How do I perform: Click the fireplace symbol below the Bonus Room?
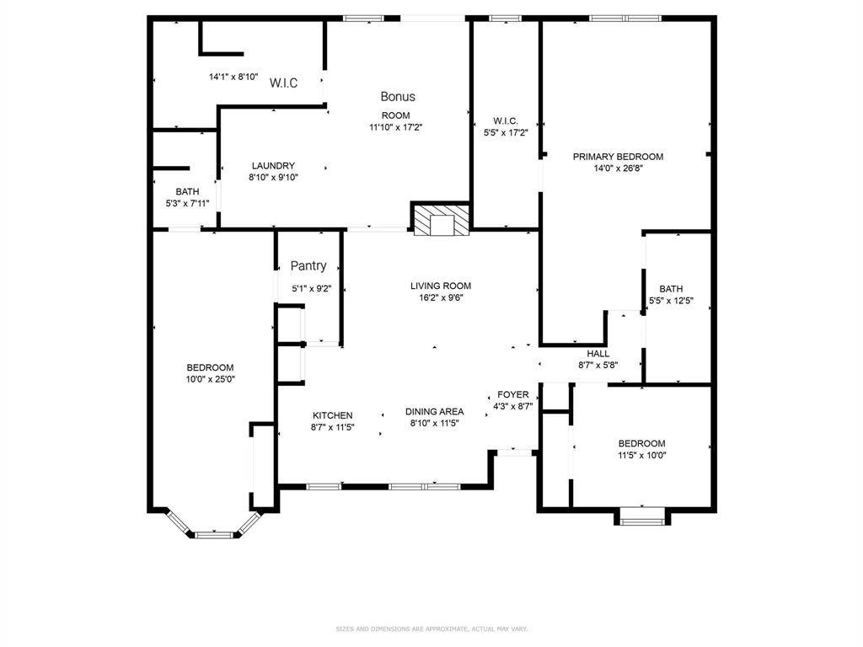(441, 221)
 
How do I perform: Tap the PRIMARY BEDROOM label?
(618, 157)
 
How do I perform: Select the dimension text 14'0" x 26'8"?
(618, 168)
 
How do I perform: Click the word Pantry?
(308, 266)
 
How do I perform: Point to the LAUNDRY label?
(273, 166)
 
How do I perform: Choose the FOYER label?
(513, 394)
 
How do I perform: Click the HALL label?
(598, 354)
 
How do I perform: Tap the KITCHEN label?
(333, 415)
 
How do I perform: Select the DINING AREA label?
(434, 412)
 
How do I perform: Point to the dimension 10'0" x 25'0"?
(210, 379)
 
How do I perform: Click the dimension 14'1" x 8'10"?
(233, 77)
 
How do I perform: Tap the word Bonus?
(398, 97)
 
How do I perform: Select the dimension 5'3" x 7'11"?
(187, 203)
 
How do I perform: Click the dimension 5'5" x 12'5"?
(671, 301)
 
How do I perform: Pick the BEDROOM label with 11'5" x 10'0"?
(641, 444)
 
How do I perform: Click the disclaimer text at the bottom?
(431, 628)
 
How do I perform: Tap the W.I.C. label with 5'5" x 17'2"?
(506, 121)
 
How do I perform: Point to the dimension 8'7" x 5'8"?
(598, 365)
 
